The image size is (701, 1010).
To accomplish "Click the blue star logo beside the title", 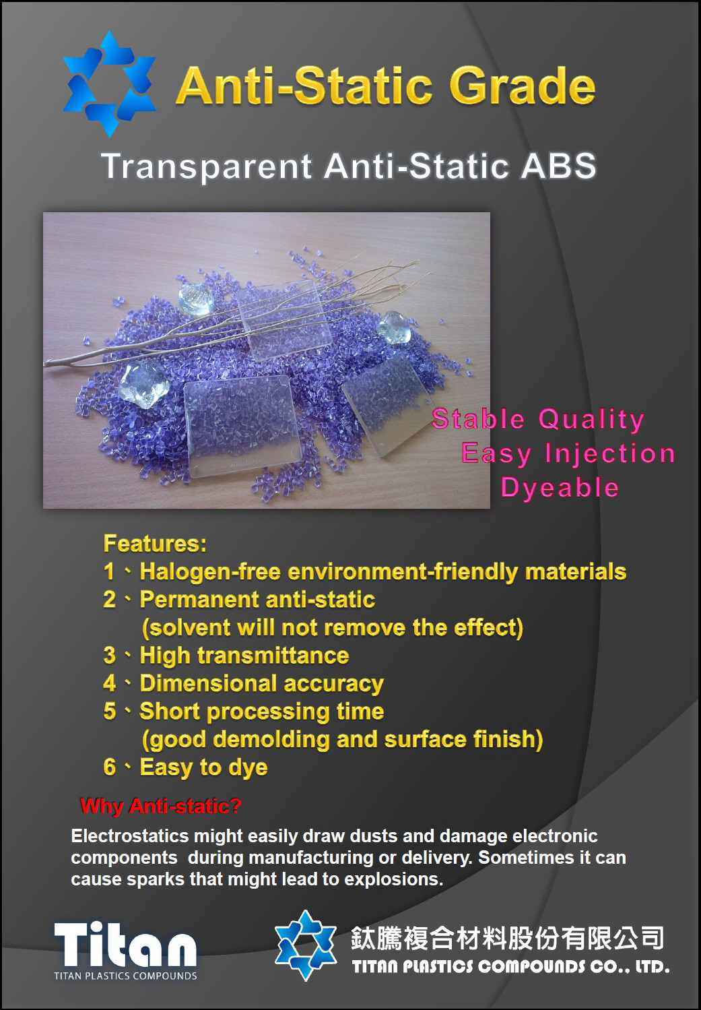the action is tap(110, 84).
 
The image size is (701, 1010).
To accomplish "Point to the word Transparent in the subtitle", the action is tap(206, 167).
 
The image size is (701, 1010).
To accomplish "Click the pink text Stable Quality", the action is tap(538, 419).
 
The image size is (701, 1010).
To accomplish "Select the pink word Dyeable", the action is tap(560, 488).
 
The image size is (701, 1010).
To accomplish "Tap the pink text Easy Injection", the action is tap(568, 453).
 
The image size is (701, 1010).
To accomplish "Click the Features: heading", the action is tap(155, 543).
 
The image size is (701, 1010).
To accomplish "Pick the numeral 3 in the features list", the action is tap(110, 655).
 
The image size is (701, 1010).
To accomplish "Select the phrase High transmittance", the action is tap(244, 656).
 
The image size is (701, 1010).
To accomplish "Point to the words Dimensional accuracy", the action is tap(262, 684).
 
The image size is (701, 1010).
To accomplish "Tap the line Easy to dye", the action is tap(203, 767).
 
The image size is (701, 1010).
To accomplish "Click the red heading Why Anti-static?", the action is tap(161, 807).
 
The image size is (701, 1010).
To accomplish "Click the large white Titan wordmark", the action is tap(125, 943).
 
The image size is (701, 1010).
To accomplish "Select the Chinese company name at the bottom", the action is tap(507, 939).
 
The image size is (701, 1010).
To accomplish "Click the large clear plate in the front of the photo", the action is tap(242, 425).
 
